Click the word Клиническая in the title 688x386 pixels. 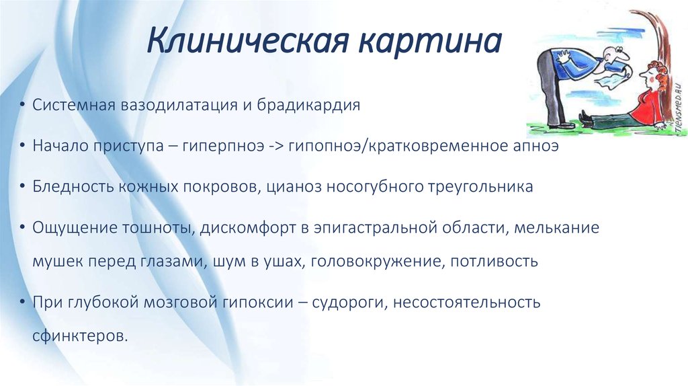[x=249, y=41]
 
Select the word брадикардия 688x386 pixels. [x=309, y=106]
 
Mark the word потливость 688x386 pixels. [x=494, y=261]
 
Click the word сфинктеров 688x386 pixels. [x=80, y=336]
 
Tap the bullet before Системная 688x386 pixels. [x=22, y=106]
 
